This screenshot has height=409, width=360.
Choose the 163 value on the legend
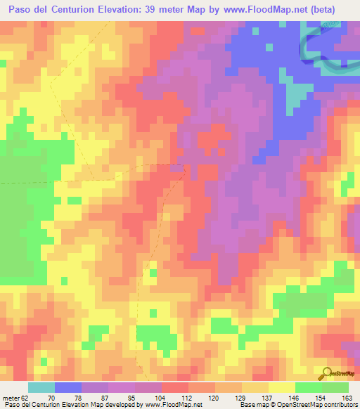[x=347, y=397]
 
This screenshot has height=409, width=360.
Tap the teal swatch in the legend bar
[x=41, y=387]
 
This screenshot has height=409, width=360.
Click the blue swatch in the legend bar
[x=67, y=387]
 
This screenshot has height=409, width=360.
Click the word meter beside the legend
[x=12, y=397]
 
